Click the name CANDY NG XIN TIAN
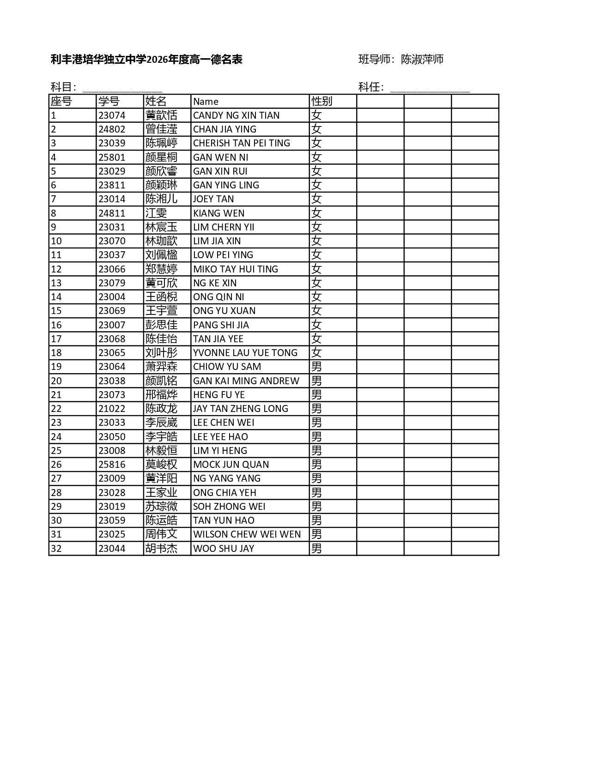click(236, 115)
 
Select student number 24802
click(112, 129)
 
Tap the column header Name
click(206, 102)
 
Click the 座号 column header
click(61, 101)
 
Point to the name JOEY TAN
click(213, 199)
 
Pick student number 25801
click(112, 157)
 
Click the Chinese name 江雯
click(156, 213)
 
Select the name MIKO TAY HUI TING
click(236, 269)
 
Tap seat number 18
click(56, 353)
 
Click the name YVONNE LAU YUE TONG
click(245, 353)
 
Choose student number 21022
click(112, 409)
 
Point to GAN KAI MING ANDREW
click(246, 381)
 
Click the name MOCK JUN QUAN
click(231, 465)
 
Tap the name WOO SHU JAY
click(224, 549)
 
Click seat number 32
click(56, 549)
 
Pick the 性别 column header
click(322, 101)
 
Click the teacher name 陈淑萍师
click(422, 59)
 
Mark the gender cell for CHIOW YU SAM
click(316, 367)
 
